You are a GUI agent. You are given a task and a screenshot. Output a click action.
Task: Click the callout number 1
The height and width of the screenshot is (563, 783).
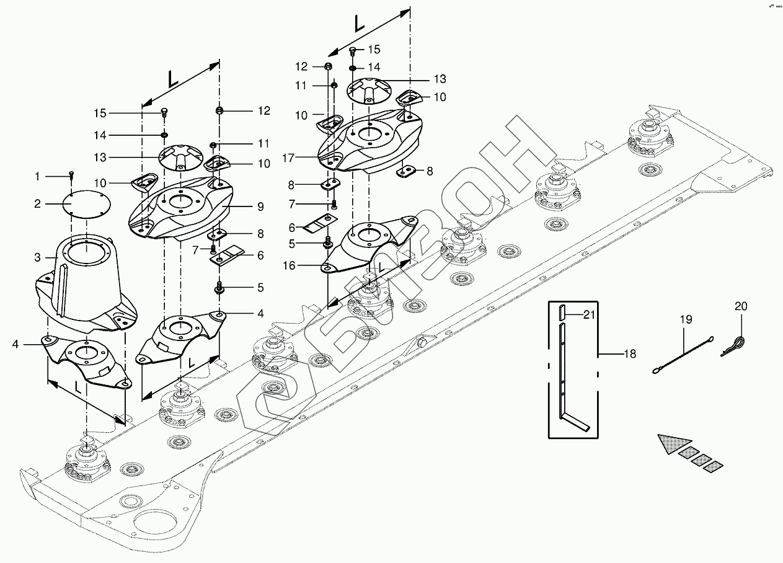37,177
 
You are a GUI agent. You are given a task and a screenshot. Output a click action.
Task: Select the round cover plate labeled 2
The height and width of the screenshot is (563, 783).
86,203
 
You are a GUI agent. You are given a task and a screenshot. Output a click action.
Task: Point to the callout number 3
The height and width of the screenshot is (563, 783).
37,257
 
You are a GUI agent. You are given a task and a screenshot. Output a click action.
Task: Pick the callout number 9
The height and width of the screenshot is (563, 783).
260,206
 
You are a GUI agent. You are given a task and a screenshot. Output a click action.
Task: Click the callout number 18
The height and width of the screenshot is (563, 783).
630,355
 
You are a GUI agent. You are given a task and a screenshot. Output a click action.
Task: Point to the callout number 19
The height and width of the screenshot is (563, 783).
685,319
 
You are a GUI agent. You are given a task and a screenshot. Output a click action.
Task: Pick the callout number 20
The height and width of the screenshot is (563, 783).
741,306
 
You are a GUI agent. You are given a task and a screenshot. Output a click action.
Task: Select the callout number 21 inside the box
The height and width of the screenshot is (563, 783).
589,314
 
